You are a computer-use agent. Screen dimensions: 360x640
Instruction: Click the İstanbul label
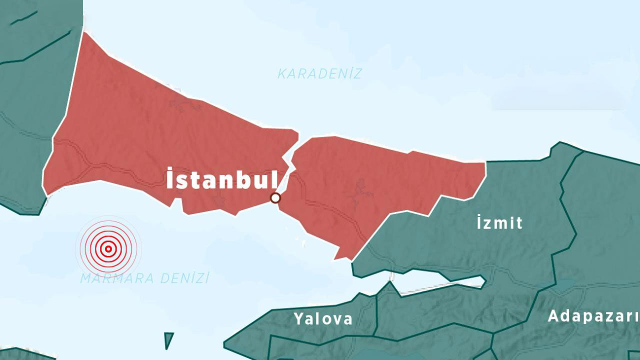221,179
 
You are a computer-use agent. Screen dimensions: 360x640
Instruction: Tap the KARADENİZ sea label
319,74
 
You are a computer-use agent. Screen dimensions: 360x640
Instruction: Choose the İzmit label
499,222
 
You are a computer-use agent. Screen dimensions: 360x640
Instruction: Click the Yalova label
323,318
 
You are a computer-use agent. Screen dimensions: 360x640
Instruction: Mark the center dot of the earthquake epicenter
108,248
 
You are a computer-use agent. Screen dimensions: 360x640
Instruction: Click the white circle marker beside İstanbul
275,198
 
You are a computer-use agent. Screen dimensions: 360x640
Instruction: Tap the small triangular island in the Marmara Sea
169,339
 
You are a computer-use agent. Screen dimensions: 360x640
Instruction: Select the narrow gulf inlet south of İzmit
440,280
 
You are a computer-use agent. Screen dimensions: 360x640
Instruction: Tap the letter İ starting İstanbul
170,179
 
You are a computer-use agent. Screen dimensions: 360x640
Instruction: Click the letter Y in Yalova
298,318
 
